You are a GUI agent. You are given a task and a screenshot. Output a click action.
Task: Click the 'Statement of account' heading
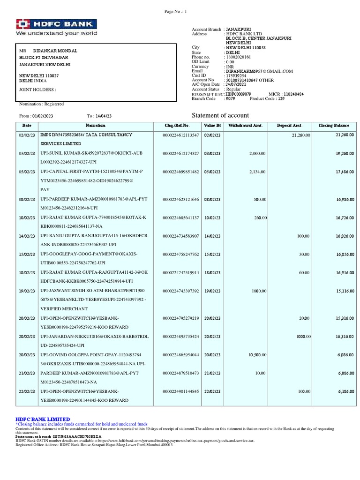point(220,116)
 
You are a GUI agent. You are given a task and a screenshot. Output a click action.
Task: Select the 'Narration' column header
point(96,126)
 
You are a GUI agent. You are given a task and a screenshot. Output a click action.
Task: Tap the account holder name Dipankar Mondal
point(55,51)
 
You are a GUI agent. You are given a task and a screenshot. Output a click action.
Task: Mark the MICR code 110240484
point(288,94)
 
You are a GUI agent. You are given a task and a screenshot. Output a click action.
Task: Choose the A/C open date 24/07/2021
point(236,84)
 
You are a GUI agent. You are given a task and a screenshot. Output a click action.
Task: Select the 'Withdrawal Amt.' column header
point(245,126)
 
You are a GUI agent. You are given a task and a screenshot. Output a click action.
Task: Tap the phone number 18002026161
point(238,57)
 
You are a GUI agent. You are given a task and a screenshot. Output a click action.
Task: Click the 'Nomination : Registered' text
point(41,104)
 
